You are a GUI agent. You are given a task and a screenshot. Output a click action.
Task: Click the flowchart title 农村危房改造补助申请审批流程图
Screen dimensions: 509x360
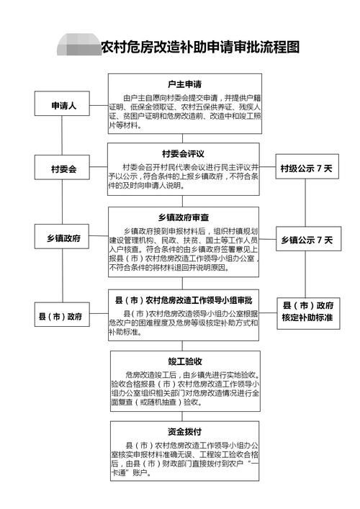coord(199,48)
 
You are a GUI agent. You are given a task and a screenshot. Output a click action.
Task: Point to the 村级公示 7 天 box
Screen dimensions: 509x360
coord(305,170)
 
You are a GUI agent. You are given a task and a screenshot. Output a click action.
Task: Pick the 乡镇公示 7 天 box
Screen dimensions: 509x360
coord(305,238)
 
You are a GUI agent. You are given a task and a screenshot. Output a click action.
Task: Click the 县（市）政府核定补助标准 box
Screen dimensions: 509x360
coord(307,310)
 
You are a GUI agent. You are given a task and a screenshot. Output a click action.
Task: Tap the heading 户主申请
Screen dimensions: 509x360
coord(184,84)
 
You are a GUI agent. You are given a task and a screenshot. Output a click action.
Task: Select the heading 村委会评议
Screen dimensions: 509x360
coord(184,153)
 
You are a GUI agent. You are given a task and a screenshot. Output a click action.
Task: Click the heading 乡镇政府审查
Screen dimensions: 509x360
coord(184,217)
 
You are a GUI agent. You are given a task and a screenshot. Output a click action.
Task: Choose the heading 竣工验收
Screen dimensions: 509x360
coord(184,361)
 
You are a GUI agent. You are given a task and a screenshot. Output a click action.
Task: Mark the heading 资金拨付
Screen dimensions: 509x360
coord(184,432)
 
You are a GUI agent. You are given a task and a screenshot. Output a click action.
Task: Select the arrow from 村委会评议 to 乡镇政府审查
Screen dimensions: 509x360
coord(184,202)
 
